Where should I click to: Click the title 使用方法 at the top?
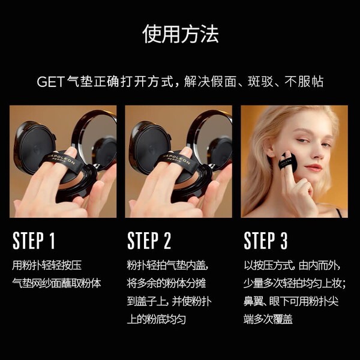click(x=180, y=34)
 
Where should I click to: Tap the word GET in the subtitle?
click(x=50, y=82)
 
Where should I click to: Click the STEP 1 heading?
click(x=34, y=241)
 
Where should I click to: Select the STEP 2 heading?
click(x=149, y=241)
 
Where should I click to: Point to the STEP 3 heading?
click(x=266, y=241)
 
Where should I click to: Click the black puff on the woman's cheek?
click(x=287, y=161)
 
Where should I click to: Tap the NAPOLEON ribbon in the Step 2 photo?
click(x=177, y=161)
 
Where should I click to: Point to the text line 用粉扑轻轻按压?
click(x=47, y=265)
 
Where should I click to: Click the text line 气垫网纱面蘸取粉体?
click(x=56, y=283)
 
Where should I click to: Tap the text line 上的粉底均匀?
click(x=157, y=319)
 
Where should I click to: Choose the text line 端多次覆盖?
click(x=268, y=319)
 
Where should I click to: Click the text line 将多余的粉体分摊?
click(x=166, y=283)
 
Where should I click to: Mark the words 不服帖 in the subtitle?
click(x=304, y=82)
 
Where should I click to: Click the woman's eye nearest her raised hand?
click(x=302, y=140)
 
